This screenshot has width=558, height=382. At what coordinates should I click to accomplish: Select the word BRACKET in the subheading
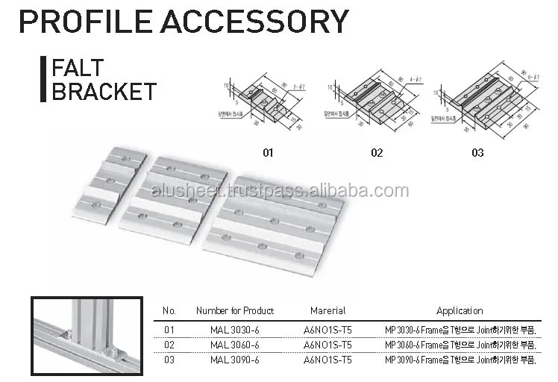[x=103, y=92]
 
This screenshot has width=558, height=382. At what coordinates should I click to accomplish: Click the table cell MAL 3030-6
[x=235, y=328]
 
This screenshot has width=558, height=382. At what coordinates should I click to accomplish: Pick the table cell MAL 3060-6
[x=235, y=344]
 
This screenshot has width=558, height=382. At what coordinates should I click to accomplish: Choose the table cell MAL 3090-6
[x=235, y=360]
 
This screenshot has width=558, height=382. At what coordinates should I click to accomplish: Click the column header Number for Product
[x=235, y=310]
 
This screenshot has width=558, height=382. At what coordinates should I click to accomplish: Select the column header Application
[x=460, y=310]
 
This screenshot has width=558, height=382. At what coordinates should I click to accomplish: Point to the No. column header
[x=169, y=310]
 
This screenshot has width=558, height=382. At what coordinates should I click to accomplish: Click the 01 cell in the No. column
[x=169, y=328]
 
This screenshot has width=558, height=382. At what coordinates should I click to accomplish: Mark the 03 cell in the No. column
[x=169, y=360]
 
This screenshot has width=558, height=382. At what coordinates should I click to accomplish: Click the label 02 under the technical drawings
[x=377, y=153]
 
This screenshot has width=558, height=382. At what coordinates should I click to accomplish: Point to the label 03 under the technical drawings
[x=477, y=153]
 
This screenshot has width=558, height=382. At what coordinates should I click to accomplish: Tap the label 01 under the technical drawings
[x=268, y=153]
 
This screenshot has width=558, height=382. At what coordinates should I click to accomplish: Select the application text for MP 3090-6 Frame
[x=460, y=360]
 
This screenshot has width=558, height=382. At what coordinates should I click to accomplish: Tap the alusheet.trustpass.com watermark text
[x=280, y=192]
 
